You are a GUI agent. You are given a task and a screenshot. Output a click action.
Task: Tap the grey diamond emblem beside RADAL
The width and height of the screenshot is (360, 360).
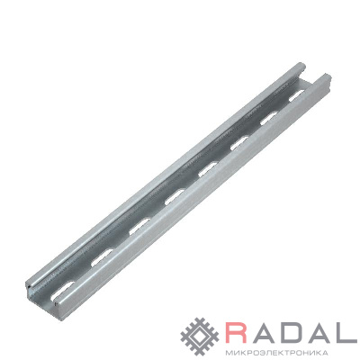[x=201, y=337]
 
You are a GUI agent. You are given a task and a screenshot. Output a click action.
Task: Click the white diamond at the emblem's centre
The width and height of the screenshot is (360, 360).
[x=201, y=337]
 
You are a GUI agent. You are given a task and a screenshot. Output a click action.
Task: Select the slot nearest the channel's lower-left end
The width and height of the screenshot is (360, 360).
[x=62, y=291]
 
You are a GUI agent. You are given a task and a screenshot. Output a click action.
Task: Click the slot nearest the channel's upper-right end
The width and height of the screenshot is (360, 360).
[x=297, y=95]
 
